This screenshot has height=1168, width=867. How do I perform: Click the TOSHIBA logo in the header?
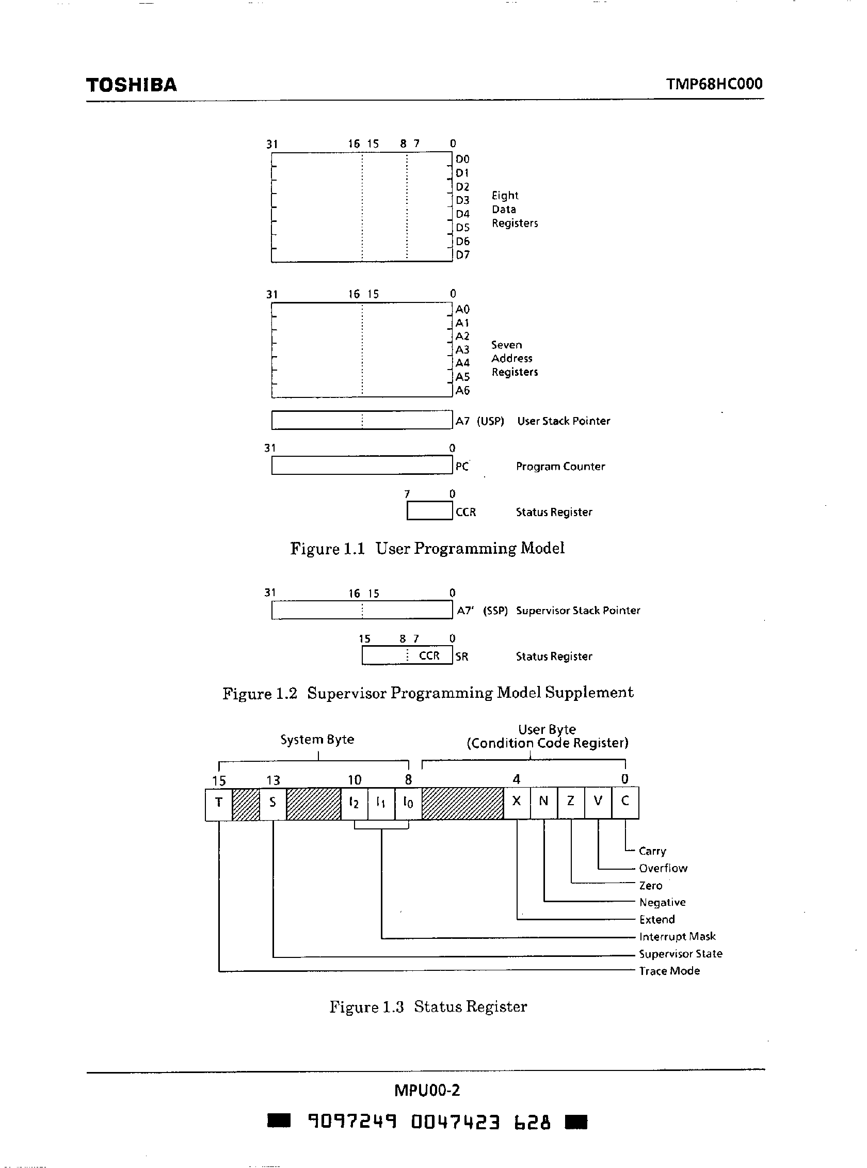pos(131,85)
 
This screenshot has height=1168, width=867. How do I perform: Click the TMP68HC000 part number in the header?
pos(714,84)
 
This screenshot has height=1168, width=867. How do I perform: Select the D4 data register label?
pos(462,214)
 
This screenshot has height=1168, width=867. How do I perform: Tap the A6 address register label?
pos(462,391)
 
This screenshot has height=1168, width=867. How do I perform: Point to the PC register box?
pos(362,466)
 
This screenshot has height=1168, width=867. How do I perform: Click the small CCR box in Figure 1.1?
pos(429,511)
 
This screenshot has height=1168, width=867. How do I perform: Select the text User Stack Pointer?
pos(563,421)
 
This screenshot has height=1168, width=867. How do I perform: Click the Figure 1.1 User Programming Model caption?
pos(427,549)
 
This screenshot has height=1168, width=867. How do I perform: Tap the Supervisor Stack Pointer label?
pos(578,611)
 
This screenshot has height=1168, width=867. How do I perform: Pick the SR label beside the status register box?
pos(462,657)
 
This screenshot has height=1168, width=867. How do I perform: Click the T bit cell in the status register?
pos(219,803)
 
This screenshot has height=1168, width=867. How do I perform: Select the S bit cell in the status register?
pos(272,803)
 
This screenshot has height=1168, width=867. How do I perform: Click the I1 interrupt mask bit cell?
pos(381,803)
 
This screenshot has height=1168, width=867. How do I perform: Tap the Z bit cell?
pos(571,802)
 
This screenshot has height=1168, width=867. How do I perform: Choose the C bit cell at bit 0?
pos(625,802)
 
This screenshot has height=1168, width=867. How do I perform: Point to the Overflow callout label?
pos(663,868)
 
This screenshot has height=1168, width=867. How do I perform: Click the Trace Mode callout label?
pos(669,971)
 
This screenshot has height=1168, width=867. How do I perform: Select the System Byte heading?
pos(317,740)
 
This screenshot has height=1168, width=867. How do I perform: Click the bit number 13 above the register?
pos(273,780)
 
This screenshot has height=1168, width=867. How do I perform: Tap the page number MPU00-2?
pos(427,1091)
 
